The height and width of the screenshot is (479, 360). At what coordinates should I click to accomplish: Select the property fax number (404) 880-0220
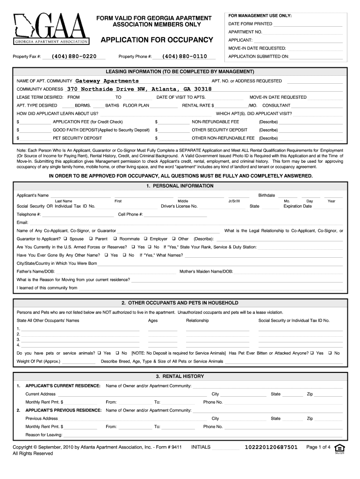pyautogui.click(x=74, y=57)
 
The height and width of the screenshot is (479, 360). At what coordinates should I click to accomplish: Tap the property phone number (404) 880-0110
pyautogui.click(x=185, y=57)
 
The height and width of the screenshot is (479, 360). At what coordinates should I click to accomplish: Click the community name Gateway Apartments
pyautogui.click(x=107, y=81)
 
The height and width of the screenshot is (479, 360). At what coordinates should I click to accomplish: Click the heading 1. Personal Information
pyautogui.click(x=180, y=186)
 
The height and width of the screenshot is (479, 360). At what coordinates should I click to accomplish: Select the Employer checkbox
pyautogui.click(x=145, y=239)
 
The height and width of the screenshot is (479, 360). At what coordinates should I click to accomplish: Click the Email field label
pyautogui.click(x=22, y=222)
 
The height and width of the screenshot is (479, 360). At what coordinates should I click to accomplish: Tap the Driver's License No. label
pyautogui.click(x=179, y=206)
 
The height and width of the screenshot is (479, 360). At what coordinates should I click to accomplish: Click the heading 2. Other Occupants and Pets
pyautogui.click(x=180, y=303)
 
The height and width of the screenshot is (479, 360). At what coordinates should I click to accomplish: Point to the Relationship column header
pyautogui.click(x=197, y=320)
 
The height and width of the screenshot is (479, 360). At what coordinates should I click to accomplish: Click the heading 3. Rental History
pyautogui.click(x=180, y=376)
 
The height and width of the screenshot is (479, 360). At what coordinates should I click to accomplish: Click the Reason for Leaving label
pyautogui.click(x=44, y=435)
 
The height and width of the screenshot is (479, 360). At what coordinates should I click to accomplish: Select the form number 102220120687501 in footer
pyautogui.click(x=271, y=447)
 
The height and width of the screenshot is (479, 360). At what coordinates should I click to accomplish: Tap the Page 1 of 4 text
pyautogui.click(x=318, y=447)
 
